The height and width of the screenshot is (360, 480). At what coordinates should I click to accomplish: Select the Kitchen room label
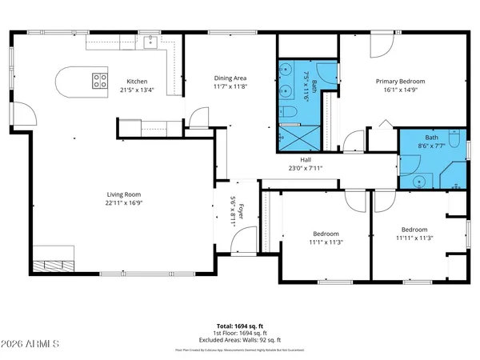click(x=138, y=82)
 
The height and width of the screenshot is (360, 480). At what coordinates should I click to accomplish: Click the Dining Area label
click(x=230, y=78)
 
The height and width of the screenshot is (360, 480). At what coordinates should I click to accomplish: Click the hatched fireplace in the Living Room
click(x=54, y=266)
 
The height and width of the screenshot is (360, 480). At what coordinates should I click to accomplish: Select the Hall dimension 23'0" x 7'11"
click(x=304, y=169)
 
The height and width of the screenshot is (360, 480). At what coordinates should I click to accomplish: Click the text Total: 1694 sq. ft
click(x=239, y=326)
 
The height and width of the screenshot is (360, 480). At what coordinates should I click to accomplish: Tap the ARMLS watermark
click(x=32, y=345)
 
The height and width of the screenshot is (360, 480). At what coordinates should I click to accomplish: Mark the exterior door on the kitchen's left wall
click(x=27, y=116)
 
